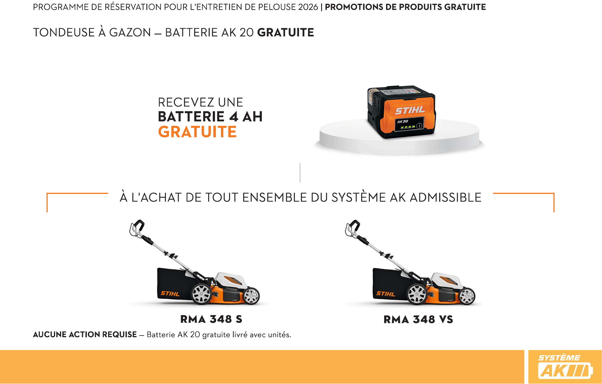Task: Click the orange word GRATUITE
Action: (197, 132)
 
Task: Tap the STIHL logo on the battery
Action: (410, 110)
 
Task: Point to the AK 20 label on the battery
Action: (402, 122)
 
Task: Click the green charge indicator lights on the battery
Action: (408, 127)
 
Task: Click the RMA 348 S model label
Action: (211, 319)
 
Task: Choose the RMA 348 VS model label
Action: (418, 319)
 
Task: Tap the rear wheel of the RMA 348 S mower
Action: (201, 294)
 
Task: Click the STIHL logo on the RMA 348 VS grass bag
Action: (385, 294)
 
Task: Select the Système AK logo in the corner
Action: (564, 367)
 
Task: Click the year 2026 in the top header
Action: (308, 7)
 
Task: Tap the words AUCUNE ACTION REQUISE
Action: (85, 334)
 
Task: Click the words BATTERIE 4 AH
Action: (210, 117)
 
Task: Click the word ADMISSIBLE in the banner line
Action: (445, 198)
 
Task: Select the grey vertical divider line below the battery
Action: (300, 173)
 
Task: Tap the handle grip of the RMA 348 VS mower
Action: (353, 227)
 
